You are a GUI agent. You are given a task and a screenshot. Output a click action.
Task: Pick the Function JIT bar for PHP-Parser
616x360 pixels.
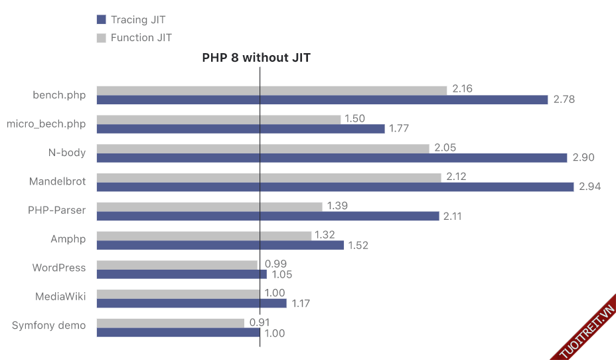click(209, 207)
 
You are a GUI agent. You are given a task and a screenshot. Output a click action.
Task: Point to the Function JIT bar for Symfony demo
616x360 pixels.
click(171, 323)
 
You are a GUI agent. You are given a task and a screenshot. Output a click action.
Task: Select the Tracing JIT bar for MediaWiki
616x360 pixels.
click(192, 304)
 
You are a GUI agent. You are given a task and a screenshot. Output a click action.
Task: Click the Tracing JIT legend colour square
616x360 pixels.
click(102, 20)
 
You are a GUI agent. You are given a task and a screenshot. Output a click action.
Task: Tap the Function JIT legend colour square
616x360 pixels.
click(102, 38)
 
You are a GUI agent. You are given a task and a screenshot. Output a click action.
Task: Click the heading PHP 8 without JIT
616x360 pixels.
click(256, 58)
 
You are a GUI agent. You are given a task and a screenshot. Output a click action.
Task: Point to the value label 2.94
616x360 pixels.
click(589, 187)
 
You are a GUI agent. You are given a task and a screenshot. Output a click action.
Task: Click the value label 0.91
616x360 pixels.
click(260, 323)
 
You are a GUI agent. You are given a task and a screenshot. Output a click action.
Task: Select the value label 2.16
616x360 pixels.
click(462, 89)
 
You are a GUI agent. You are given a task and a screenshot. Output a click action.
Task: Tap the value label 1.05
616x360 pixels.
click(281, 274)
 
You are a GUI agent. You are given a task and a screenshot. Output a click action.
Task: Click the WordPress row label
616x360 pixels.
click(59, 268)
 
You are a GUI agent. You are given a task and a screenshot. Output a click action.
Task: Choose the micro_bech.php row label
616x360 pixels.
click(46, 124)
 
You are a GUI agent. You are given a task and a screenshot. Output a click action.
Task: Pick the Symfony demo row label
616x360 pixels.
click(49, 325)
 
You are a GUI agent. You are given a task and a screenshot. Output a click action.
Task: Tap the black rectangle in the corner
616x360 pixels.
click(554, 28)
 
